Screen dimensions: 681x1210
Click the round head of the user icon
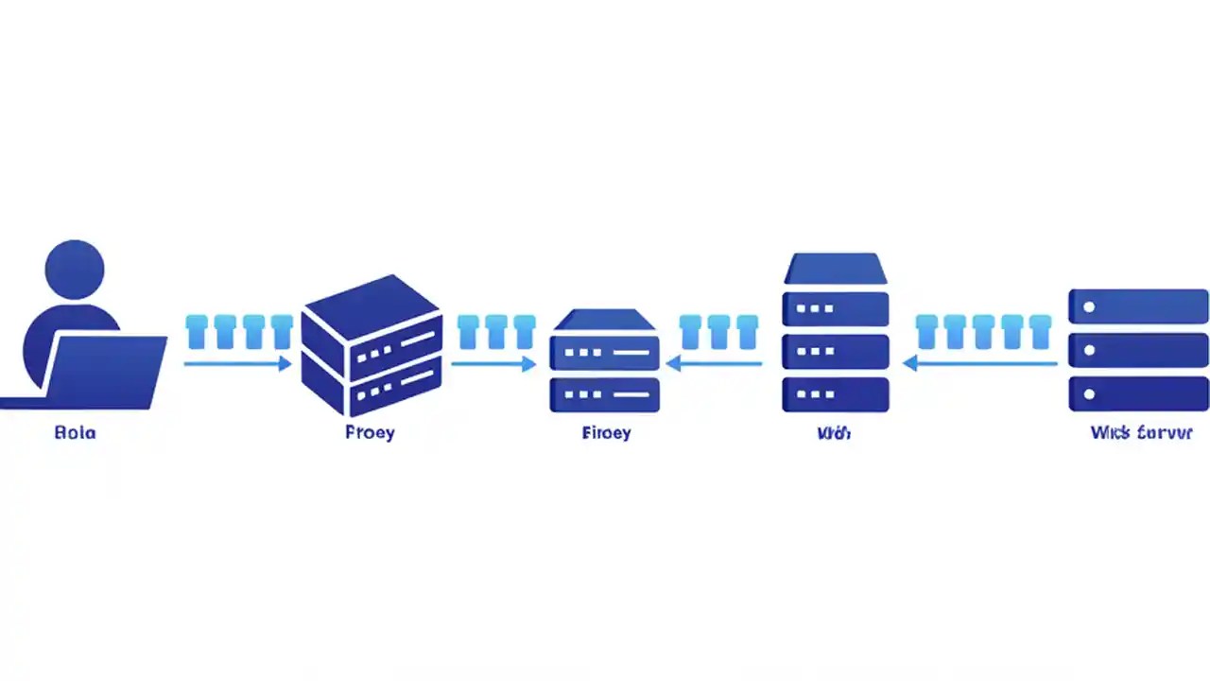(75, 269)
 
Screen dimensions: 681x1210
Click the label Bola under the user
(76, 433)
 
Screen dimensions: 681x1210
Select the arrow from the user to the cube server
(237, 363)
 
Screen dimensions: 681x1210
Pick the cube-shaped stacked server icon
(372, 345)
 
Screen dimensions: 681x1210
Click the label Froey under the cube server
(371, 433)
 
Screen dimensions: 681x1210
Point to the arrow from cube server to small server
(493, 363)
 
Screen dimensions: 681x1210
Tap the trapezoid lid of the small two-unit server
(605, 320)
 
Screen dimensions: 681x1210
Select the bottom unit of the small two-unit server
(605, 394)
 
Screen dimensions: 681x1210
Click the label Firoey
(606, 433)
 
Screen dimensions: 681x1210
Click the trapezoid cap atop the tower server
(836, 269)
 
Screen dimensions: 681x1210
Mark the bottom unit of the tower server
(836, 394)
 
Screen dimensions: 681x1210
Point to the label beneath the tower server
(835, 433)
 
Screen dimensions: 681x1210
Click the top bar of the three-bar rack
(1138, 306)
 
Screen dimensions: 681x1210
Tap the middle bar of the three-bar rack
(1138, 350)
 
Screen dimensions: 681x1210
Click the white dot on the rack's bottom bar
(1089, 393)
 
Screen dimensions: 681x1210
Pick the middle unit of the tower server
(836, 351)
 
